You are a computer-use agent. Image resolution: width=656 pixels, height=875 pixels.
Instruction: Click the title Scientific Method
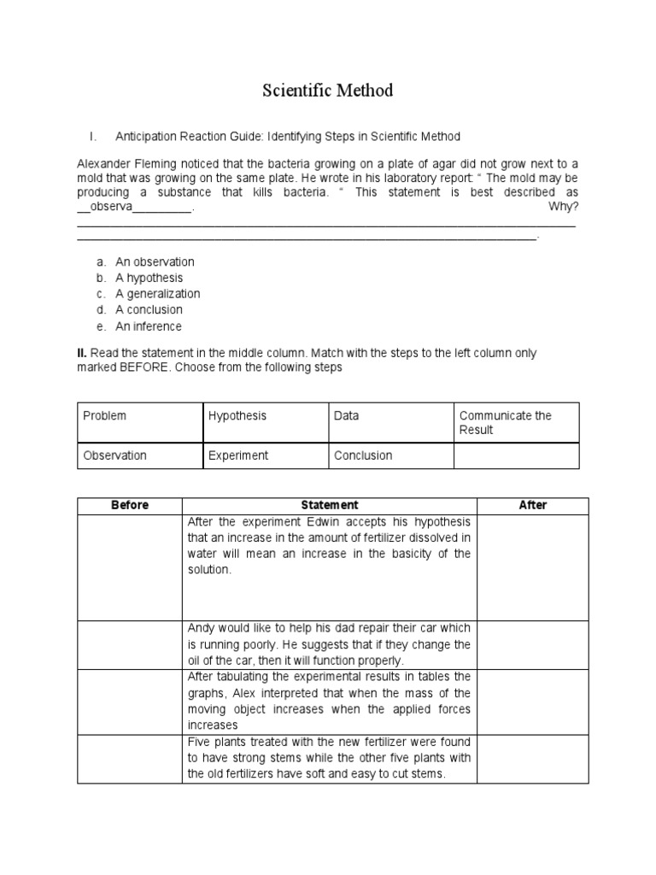point(327,90)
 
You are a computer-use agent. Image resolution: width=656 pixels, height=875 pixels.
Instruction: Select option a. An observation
point(155,261)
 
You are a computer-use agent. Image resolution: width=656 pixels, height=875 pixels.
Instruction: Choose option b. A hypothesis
point(149,278)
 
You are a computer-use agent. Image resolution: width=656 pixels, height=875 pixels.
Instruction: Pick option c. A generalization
point(157,294)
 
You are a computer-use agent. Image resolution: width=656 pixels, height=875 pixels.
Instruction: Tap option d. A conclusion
point(149,310)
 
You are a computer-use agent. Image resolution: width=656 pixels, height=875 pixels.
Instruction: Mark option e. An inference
point(149,326)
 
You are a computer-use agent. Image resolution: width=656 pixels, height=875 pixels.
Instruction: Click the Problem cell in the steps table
point(104,416)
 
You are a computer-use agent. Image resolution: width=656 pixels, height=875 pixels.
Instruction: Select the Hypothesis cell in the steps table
point(237,416)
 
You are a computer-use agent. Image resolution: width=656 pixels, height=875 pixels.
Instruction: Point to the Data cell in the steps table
point(347,416)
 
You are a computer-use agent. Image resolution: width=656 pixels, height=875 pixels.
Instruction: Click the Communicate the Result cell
point(505,423)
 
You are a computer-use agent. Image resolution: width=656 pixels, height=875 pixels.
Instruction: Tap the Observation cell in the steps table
point(114,455)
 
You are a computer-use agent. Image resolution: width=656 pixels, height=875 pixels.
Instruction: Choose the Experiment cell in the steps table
point(238,455)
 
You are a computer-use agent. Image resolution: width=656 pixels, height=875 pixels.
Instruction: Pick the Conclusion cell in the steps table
point(364,455)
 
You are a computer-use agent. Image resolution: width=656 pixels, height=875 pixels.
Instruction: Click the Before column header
point(130,505)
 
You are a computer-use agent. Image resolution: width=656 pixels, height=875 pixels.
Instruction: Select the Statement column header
point(331,505)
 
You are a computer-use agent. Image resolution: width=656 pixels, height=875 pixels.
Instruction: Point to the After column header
point(532,505)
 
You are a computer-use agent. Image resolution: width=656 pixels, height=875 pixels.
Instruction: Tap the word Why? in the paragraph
point(564,208)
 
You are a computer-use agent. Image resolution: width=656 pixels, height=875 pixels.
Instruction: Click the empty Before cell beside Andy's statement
point(130,644)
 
